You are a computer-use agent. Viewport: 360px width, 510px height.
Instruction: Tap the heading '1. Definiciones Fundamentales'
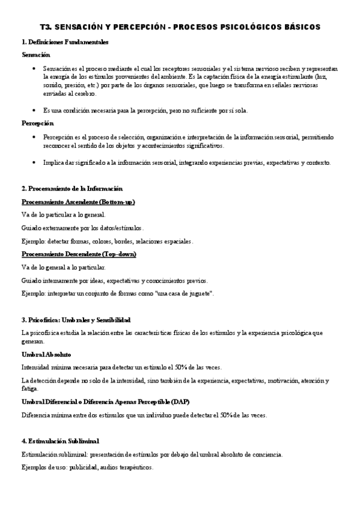(x=65, y=42)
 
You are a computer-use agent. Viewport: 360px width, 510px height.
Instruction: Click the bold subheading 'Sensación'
(x=35, y=55)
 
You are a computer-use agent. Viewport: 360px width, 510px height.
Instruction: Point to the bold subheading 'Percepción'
(x=37, y=123)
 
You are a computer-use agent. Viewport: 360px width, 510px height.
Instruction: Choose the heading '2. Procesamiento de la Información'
(x=72, y=189)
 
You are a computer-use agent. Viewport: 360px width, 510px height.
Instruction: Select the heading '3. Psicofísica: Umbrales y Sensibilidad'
(x=76, y=320)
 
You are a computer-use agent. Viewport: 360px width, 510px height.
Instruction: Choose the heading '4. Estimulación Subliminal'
(x=60, y=441)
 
